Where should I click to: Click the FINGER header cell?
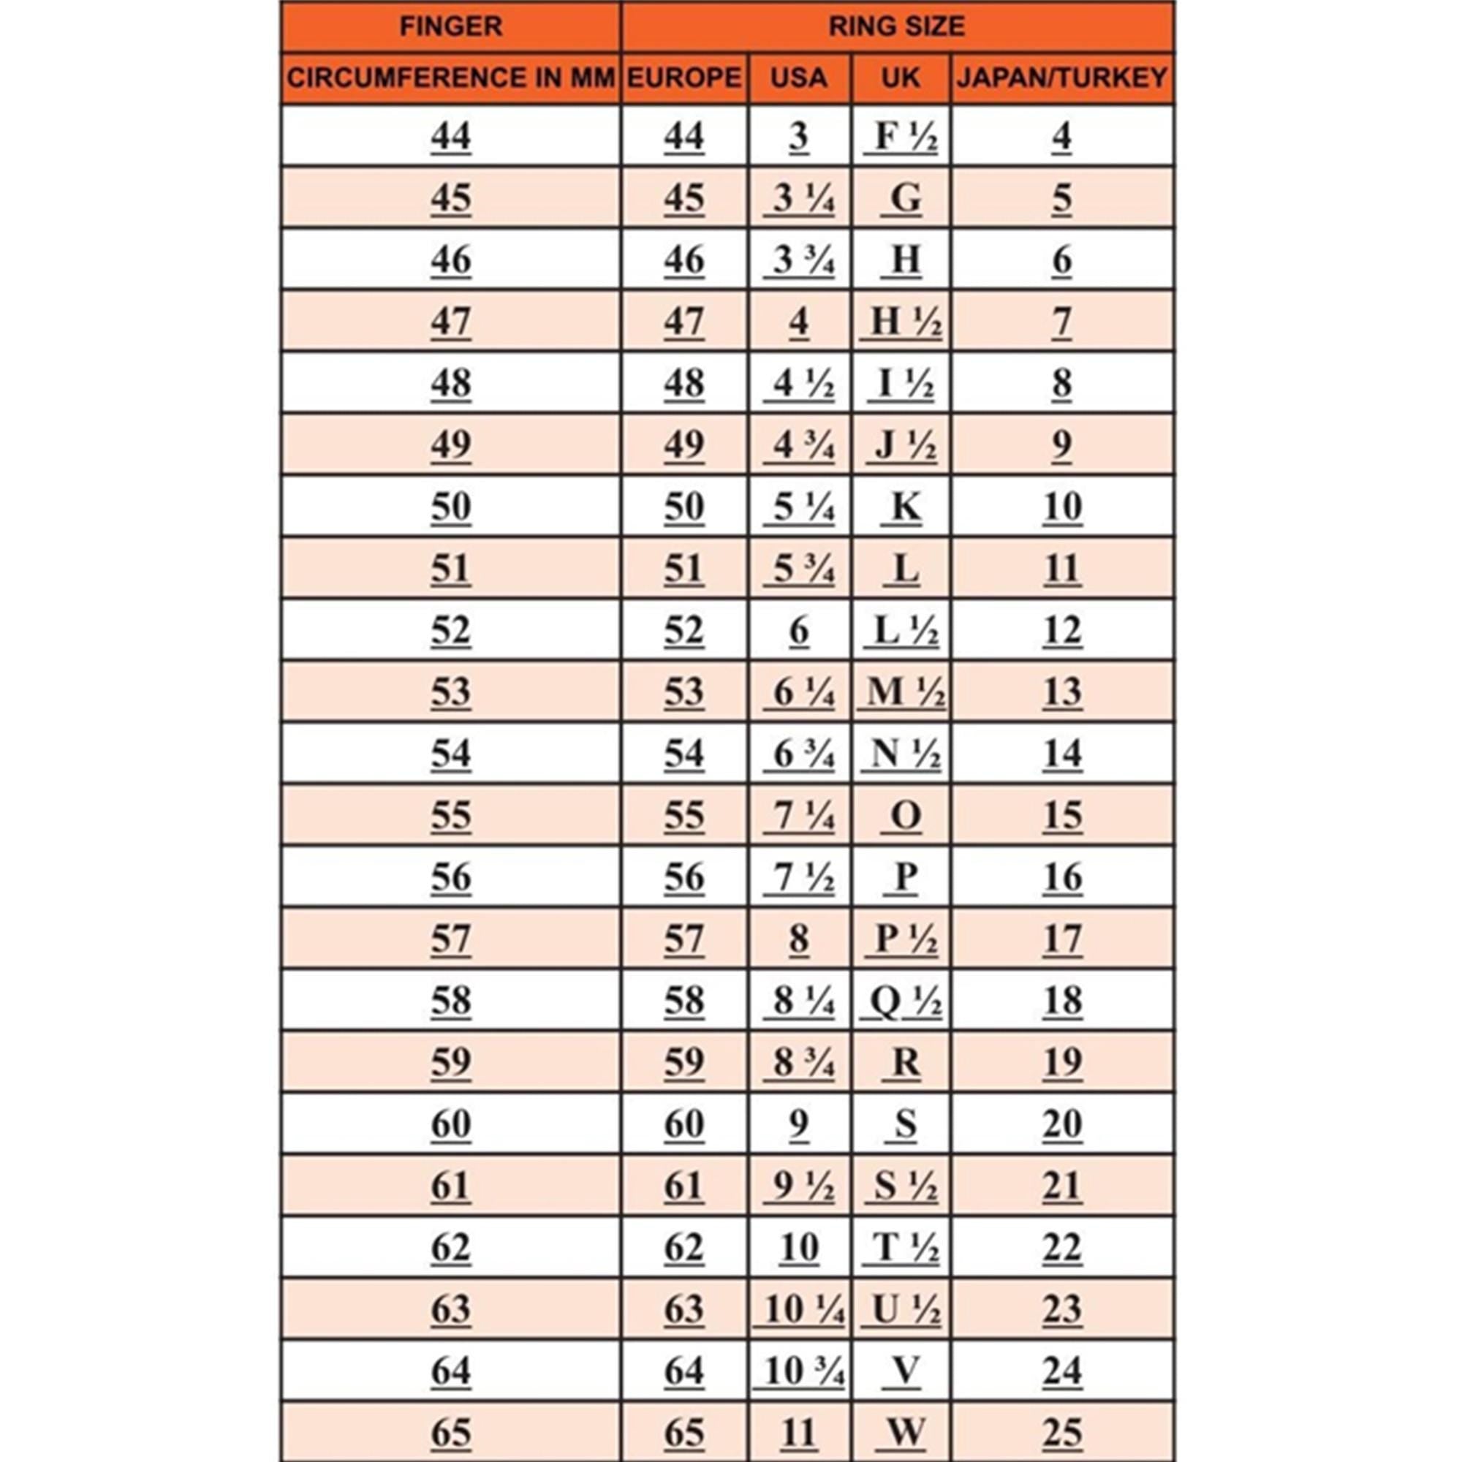(x=450, y=27)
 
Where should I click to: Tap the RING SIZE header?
(x=897, y=27)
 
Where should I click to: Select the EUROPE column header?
(x=684, y=78)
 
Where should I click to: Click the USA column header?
(x=799, y=78)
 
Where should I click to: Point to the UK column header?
(x=901, y=78)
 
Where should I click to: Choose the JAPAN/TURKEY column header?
(x=1061, y=78)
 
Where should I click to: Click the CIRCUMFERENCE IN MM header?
(x=450, y=78)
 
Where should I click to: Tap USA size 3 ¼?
(x=800, y=199)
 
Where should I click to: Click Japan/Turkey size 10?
(x=1061, y=507)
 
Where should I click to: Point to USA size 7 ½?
(x=800, y=877)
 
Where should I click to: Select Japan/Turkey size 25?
(x=1061, y=1433)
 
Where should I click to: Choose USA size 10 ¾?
(x=800, y=1371)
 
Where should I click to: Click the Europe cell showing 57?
(x=684, y=939)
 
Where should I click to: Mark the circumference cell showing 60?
(x=450, y=1124)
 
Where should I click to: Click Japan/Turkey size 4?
(x=1061, y=137)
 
